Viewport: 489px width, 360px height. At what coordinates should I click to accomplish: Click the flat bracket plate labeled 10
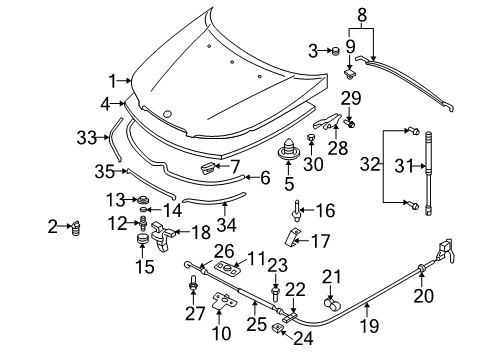[x=222, y=303]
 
